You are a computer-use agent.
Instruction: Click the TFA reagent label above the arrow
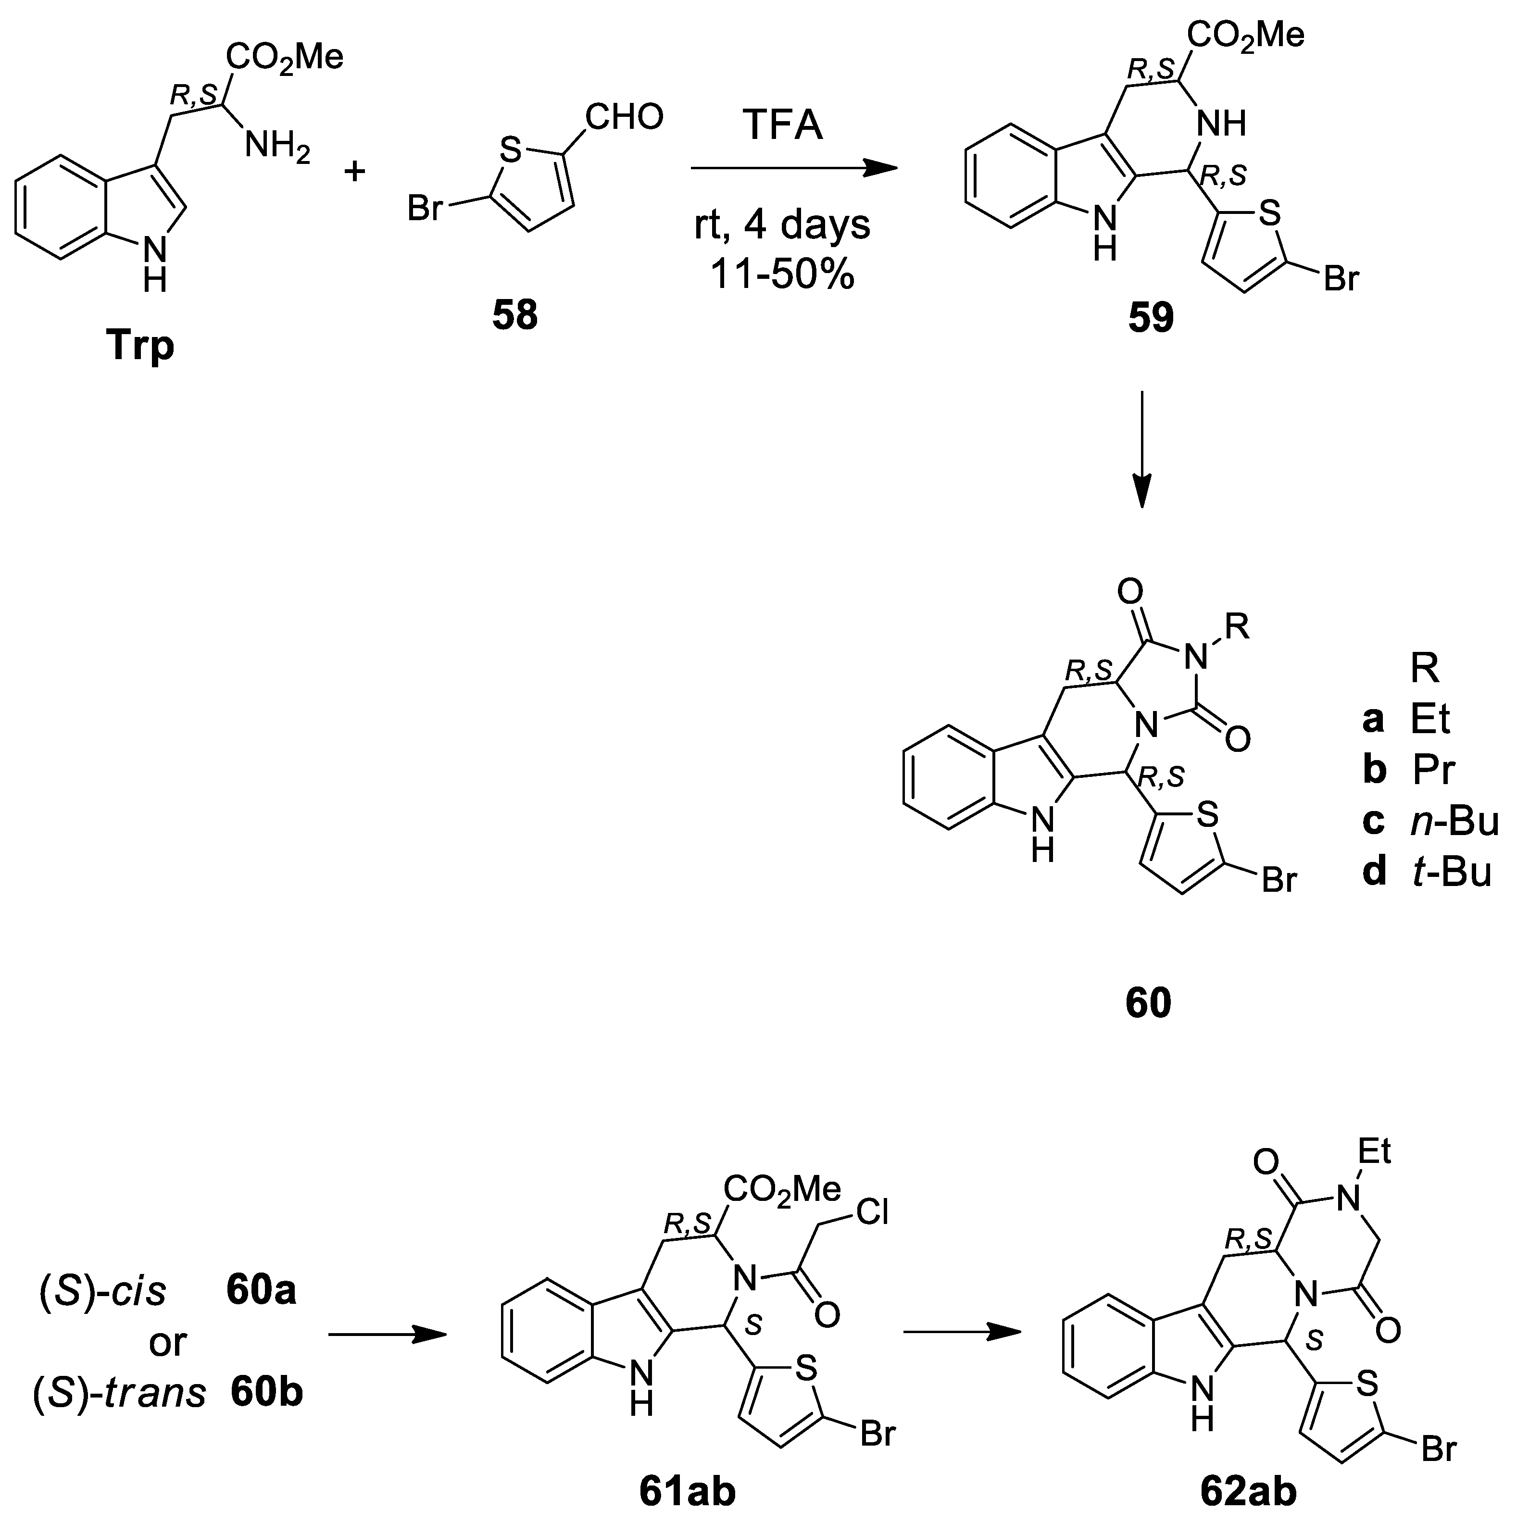point(782,126)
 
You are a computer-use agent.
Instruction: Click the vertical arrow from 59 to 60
point(1141,449)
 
